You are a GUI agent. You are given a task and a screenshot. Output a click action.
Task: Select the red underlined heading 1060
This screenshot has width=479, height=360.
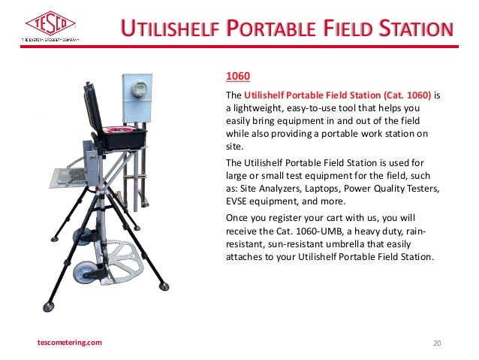237,77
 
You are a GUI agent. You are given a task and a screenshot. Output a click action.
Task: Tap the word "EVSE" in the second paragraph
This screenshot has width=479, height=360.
239,201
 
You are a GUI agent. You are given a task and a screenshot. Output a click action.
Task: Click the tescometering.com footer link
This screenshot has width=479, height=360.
70,343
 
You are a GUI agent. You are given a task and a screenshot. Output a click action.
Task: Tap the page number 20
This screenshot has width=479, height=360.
438,343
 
